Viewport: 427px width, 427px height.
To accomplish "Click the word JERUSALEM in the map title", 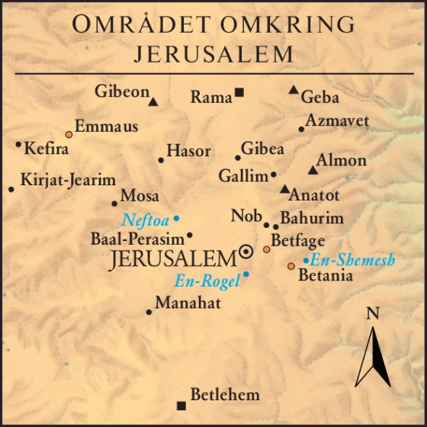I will (x=213, y=53).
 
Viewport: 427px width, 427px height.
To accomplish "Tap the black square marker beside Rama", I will (x=239, y=93).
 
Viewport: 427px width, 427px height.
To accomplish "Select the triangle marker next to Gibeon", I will (x=153, y=101).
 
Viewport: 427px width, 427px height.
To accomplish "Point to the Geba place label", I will (x=320, y=98).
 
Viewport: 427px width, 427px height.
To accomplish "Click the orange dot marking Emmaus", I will (x=69, y=133).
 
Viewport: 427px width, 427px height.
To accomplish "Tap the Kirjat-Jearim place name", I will (x=68, y=181).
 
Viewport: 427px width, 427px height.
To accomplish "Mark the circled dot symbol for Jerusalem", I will (x=246, y=251).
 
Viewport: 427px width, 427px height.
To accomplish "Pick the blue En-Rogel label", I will (x=207, y=281).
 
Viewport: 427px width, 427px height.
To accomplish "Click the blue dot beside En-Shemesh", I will (x=306, y=261).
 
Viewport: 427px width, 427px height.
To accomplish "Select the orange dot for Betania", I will (x=291, y=266).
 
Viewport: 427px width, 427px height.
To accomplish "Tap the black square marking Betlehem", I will (x=181, y=405).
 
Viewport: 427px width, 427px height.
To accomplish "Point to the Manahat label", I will (x=188, y=303).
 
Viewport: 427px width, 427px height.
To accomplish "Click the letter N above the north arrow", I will (x=372, y=313).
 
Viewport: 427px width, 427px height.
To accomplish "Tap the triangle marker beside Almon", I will (x=312, y=169).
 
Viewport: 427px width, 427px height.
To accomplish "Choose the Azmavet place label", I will (x=337, y=121).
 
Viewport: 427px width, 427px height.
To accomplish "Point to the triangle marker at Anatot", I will (x=284, y=188).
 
